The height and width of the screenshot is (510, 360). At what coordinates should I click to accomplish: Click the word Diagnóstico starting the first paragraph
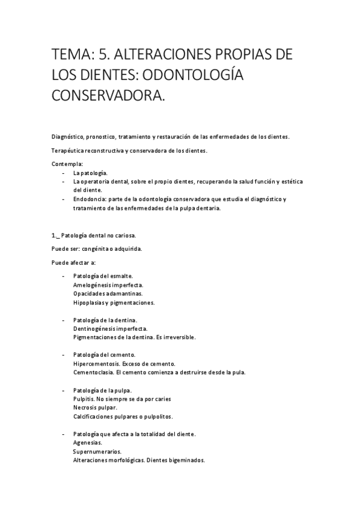pyautogui.click(x=69, y=137)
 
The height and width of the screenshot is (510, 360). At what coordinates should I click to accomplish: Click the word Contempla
pyautogui.click(x=67, y=164)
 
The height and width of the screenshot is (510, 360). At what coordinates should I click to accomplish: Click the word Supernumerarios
pyautogui.click(x=97, y=452)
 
